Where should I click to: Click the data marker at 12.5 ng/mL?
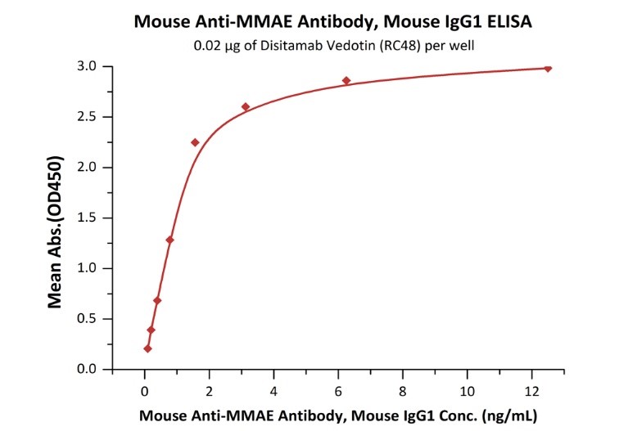(548, 69)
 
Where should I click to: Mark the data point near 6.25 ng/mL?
(346, 81)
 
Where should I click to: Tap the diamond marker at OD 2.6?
(246, 106)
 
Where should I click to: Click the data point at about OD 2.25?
(195, 142)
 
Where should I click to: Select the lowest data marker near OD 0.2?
(147, 348)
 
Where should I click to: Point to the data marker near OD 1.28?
(169, 240)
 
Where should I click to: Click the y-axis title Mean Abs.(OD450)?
(56, 218)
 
